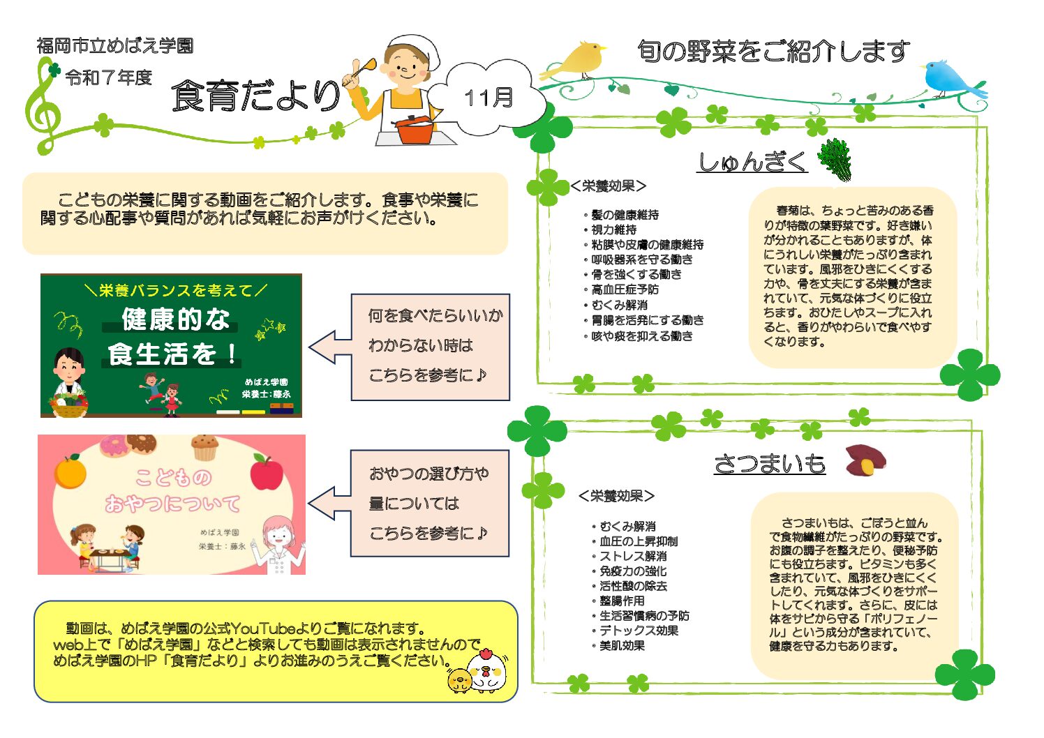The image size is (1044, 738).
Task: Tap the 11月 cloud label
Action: click(489, 98)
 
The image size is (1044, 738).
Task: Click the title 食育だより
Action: click(256, 96)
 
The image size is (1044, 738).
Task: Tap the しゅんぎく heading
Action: click(752, 162)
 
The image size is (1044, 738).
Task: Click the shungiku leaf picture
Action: click(835, 159)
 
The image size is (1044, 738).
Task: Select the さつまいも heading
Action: click(770, 464)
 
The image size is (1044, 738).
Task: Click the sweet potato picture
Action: click(865, 460)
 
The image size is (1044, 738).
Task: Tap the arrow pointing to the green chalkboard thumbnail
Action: click(330, 347)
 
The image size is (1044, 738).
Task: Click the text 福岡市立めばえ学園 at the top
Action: click(115, 45)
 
